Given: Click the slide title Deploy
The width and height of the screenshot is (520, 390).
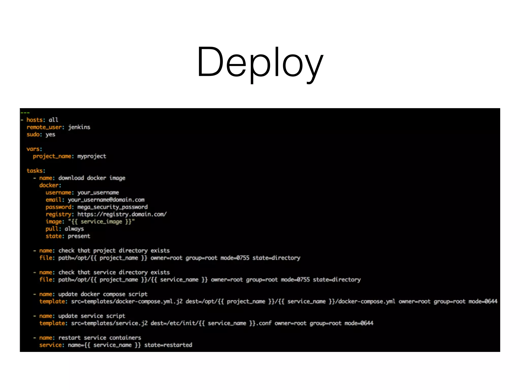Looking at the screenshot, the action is (x=260, y=62).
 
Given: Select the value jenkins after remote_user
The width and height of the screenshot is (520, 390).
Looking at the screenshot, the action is (x=79, y=127).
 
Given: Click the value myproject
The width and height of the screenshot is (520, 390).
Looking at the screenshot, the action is (x=92, y=156).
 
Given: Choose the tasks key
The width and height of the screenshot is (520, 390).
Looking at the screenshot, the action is (x=36, y=171).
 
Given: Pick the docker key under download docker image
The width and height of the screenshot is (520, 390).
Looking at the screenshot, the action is (x=50, y=185).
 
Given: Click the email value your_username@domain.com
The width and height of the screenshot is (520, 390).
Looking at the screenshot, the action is (x=106, y=200).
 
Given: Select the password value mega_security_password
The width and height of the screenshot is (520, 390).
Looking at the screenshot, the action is (x=112, y=207).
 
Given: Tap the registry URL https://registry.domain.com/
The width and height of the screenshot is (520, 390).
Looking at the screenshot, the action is (x=122, y=215).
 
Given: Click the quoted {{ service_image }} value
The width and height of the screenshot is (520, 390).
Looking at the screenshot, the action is (x=101, y=222).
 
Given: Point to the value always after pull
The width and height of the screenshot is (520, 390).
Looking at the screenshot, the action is (x=74, y=229).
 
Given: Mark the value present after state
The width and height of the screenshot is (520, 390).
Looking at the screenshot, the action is (x=79, y=236).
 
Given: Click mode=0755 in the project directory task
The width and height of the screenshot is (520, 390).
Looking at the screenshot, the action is (x=235, y=258).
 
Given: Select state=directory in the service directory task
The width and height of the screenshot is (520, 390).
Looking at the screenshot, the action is (x=337, y=280).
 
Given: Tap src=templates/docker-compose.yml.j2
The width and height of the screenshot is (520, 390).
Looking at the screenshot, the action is (x=127, y=302).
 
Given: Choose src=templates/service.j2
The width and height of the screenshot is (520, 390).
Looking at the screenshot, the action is (x=109, y=323).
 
